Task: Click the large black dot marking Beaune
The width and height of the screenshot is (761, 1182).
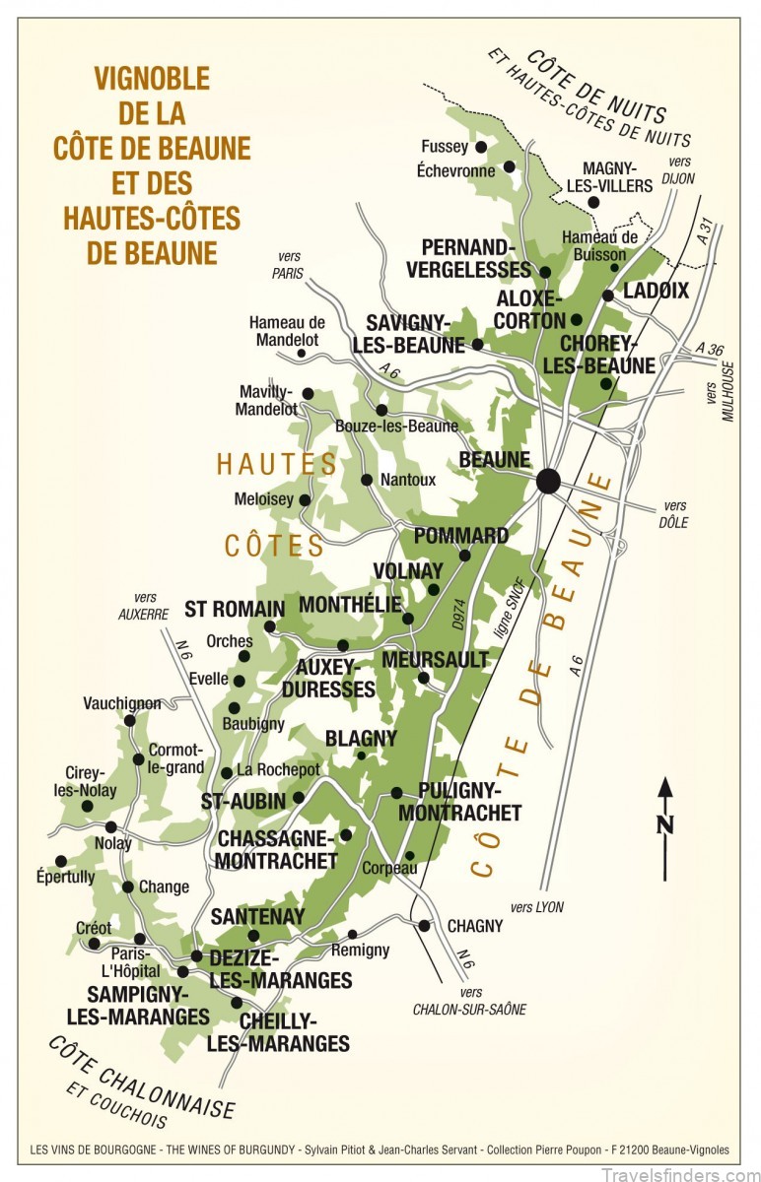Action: pyautogui.click(x=548, y=481)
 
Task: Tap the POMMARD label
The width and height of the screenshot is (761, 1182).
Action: pyautogui.click(x=461, y=536)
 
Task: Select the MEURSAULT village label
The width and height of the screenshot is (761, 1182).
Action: pyautogui.click(x=435, y=658)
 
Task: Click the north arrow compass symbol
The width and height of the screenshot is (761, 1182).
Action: pyautogui.click(x=665, y=827)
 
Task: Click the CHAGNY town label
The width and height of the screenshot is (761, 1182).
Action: pyautogui.click(x=475, y=926)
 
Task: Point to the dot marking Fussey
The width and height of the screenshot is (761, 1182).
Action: pyautogui.click(x=481, y=147)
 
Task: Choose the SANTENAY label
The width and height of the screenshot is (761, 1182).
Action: pyautogui.click(x=257, y=916)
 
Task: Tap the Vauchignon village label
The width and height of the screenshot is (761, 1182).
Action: pyautogui.click(x=122, y=703)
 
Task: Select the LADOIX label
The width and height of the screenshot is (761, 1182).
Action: pyautogui.click(x=656, y=291)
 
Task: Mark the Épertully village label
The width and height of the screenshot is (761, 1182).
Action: pyautogui.click(x=65, y=877)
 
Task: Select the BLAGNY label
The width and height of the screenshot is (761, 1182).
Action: pyautogui.click(x=361, y=738)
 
